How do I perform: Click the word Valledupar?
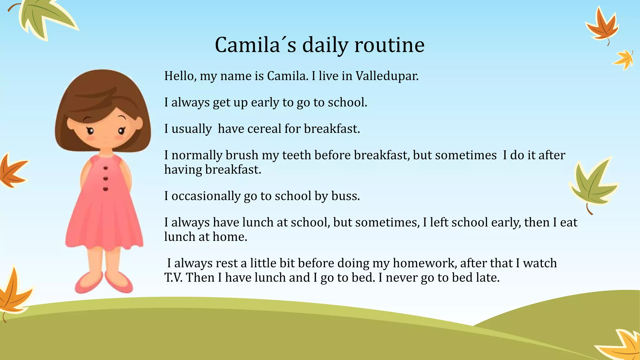click(x=387, y=76)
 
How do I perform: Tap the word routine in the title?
click(x=389, y=45)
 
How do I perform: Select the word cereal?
click(x=264, y=129)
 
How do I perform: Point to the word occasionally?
click(x=206, y=196)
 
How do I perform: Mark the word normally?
click(x=197, y=155)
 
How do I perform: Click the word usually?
click(x=192, y=129)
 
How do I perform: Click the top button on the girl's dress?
click(x=106, y=168)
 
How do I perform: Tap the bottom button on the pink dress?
click(x=106, y=189)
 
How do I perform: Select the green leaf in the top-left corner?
click(x=45, y=17)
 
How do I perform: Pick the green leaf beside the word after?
click(x=592, y=184)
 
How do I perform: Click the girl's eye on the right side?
click(x=121, y=131)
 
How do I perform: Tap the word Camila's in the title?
click(x=255, y=45)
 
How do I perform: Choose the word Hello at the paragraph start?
click(x=180, y=76)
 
